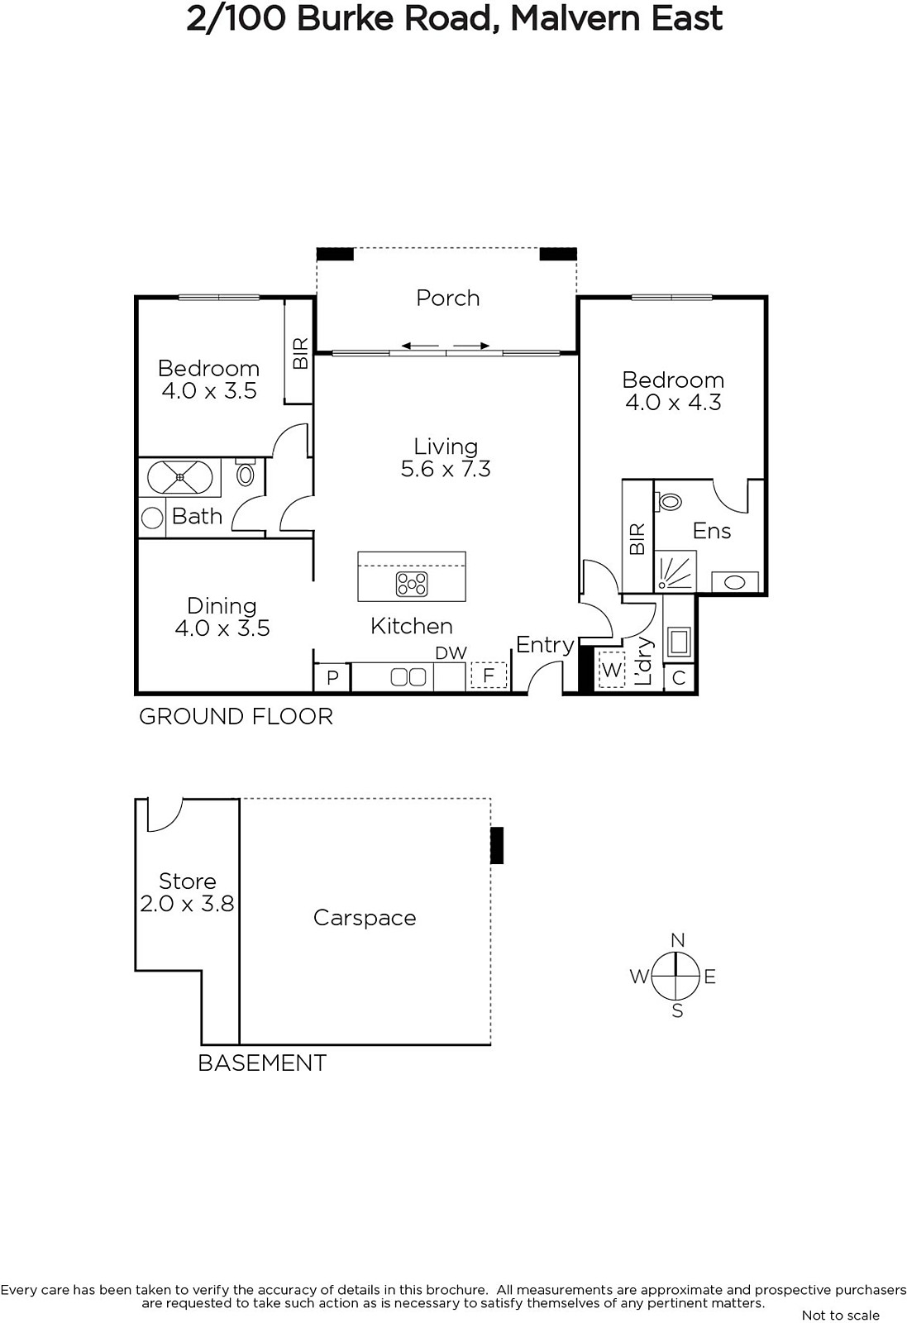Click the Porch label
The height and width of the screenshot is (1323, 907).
pyautogui.click(x=447, y=299)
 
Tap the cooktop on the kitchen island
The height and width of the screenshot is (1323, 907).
pyautogui.click(x=412, y=584)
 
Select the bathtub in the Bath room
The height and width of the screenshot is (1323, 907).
pyautogui.click(x=179, y=477)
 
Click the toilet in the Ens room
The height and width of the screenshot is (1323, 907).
pyautogui.click(x=668, y=502)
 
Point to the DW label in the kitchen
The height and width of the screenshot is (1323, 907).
pyautogui.click(x=451, y=653)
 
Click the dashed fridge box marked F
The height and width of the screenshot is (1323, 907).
pyautogui.click(x=489, y=675)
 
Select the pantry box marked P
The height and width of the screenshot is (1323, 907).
pyautogui.click(x=332, y=677)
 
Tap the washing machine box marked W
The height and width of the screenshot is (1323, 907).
pyautogui.click(x=611, y=669)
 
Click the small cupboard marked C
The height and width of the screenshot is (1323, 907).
pyautogui.click(x=679, y=677)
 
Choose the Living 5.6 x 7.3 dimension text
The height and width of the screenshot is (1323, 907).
pyautogui.click(x=446, y=468)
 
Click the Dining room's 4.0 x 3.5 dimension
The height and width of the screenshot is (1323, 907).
pyautogui.click(x=222, y=628)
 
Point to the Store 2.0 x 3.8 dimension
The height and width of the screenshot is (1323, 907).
pyautogui.click(x=187, y=904)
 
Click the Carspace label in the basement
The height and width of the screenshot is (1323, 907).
pyautogui.click(x=365, y=918)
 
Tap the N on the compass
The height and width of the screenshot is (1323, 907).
pyautogui.click(x=678, y=940)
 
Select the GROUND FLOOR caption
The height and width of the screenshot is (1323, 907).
pyautogui.click(x=236, y=716)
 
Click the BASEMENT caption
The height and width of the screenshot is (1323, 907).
pyautogui.click(x=262, y=1063)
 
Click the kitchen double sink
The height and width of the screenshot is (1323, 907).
pyautogui.click(x=408, y=677)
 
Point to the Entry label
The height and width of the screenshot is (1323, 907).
pyautogui.click(x=545, y=645)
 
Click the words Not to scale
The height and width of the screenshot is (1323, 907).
pyautogui.click(x=841, y=1315)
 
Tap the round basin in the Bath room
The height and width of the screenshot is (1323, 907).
pyautogui.click(x=152, y=518)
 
